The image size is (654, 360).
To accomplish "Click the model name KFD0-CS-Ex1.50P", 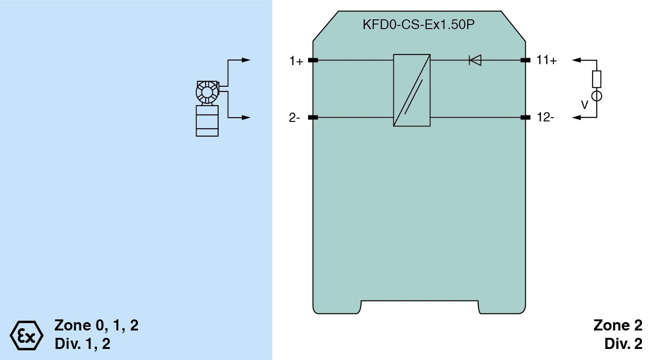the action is [x=418, y=24].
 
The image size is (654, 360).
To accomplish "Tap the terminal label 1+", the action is [x=296, y=61].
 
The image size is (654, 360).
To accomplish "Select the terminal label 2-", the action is [x=294, y=118].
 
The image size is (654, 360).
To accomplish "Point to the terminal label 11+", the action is [x=547, y=60].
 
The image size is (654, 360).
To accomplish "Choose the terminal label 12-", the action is [x=546, y=117].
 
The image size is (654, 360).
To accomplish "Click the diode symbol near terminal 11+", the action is [x=475, y=60].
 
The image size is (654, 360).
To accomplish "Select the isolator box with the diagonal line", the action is [x=412, y=90].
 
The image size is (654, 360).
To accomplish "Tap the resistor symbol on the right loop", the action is [x=596, y=79].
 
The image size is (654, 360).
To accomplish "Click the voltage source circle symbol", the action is [x=596, y=96].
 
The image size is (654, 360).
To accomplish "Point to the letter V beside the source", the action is [x=584, y=105].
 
